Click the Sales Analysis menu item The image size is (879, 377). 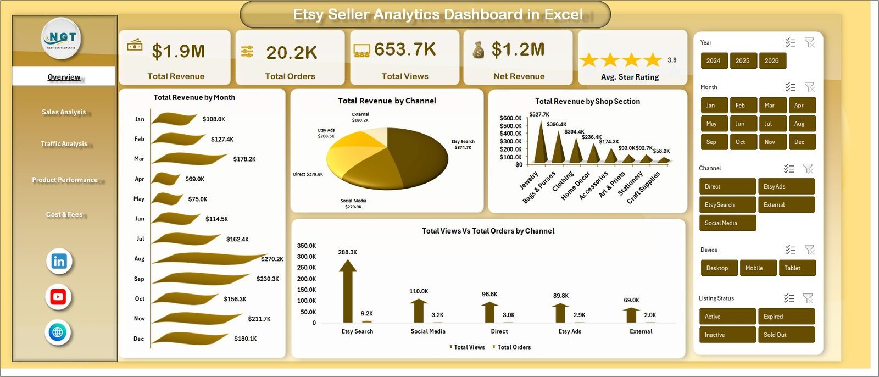click(x=64, y=112)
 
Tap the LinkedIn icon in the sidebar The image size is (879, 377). click(x=59, y=262)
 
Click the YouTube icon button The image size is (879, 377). click(x=58, y=297)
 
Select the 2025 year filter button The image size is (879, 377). click(x=742, y=61)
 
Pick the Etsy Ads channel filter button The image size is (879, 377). click(x=786, y=186)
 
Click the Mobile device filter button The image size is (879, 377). click(x=758, y=268)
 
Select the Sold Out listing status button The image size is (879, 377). click(x=786, y=335)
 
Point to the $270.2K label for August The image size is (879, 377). click(x=272, y=259)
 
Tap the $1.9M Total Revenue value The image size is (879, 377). click(x=178, y=52)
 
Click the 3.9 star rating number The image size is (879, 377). click(x=672, y=60)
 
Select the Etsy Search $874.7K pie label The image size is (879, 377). click(x=463, y=145)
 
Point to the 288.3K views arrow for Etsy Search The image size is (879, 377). click(x=347, y=291)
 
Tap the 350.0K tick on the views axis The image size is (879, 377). click(x=307, y=246)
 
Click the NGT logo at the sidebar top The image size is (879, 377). click(x=62, y=38)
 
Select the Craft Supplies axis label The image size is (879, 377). click(x=644, y=188)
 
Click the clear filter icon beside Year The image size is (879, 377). click(x=809, y=43)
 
